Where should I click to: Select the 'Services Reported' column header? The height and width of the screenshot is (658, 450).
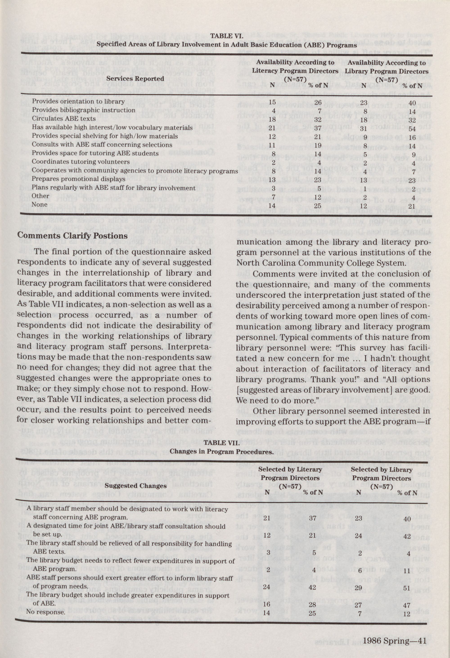tap(135, 78)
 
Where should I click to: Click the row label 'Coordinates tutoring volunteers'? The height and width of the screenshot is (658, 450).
tap(81, 162)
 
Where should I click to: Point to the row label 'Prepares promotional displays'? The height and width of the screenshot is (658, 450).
tap(78, 179)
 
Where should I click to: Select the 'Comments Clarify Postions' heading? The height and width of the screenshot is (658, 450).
tap(73, 236)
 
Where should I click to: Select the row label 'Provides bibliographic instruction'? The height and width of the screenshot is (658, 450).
tap(83, 110)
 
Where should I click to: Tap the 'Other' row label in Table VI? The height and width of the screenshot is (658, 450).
tap(40, 196)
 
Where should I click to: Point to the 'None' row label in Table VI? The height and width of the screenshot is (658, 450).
tap(40, 204)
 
